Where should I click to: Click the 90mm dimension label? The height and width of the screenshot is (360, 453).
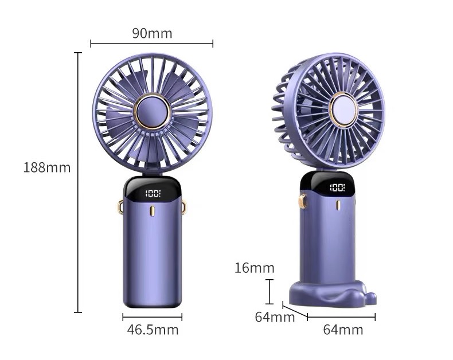coord(152,33)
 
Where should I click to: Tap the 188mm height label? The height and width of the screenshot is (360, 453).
coord(47,167)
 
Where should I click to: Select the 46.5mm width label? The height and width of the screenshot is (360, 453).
coord(153,330)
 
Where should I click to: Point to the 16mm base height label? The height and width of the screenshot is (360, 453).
coord(254,268)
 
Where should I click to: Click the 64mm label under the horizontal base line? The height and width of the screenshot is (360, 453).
coord(343,330)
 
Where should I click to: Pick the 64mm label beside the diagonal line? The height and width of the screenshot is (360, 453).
coord(275,317)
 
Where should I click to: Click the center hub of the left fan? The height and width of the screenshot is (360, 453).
coord(153,111)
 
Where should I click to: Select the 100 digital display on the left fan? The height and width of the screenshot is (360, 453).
coord(153,193)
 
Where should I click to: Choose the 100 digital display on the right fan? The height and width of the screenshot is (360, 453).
coord(337,187)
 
